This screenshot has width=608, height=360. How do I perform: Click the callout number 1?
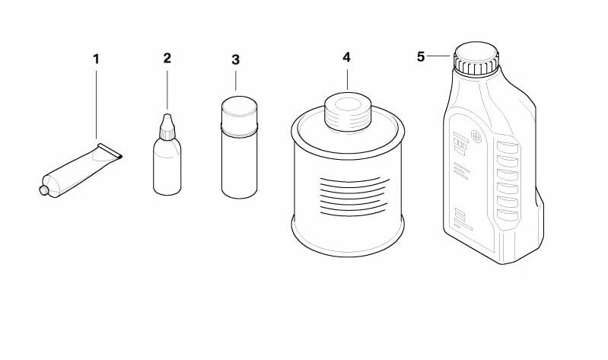coord(96,59)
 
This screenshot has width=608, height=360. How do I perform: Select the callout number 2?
coord(167,58)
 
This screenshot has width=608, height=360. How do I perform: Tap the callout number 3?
coord(235,60)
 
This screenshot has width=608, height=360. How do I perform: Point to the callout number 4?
coord(346,57)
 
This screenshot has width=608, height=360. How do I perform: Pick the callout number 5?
coord(421,56)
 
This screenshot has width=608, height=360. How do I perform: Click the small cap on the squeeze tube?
coord(44,190)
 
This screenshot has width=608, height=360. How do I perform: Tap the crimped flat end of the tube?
coord(110,151)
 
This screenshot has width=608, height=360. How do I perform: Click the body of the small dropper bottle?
coord(167,167)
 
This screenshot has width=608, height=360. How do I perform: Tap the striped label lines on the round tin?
coord(353,196)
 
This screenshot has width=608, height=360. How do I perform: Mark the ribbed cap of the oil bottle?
coord(476,58)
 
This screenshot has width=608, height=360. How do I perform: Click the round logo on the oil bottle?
coord(476,136)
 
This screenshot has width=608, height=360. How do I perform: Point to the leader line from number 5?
coord(439,56)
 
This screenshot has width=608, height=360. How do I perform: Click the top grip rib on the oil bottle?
coord(508,148)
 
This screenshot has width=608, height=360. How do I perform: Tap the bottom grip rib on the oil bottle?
coord(508,215)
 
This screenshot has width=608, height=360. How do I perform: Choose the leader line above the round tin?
coord(347,79)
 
